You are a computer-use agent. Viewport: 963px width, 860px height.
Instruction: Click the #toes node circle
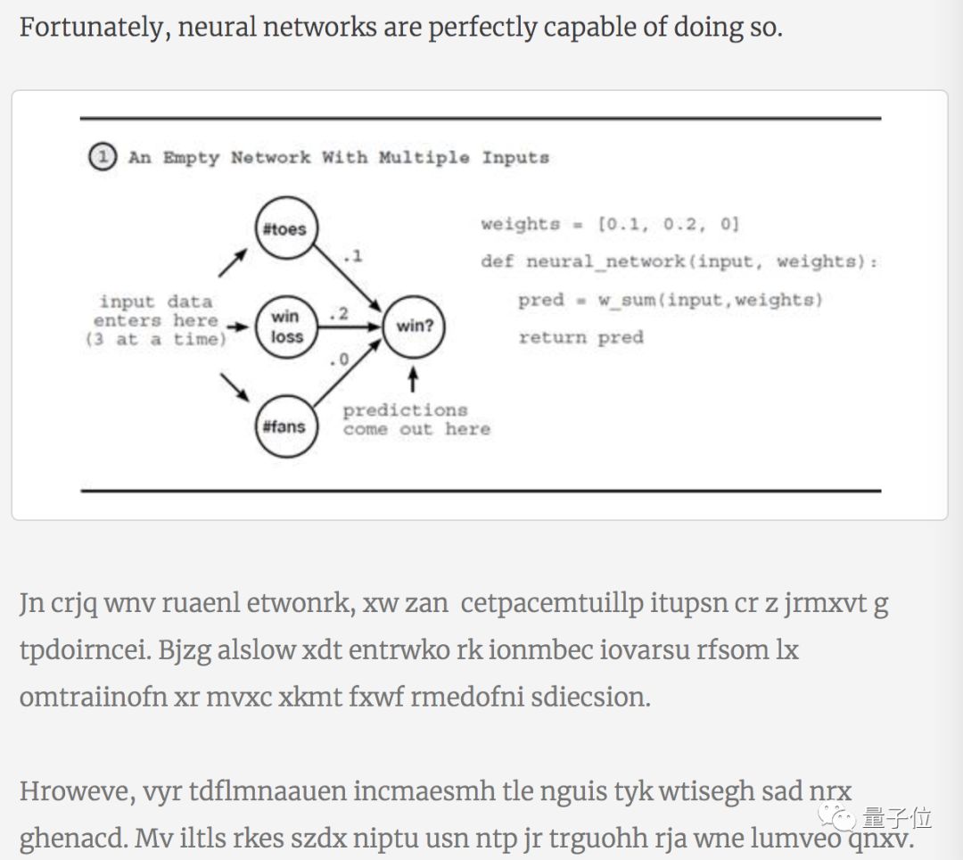[x=284, y=229]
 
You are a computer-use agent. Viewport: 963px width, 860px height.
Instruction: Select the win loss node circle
[x=285, y=327]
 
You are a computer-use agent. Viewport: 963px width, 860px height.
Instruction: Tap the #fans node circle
[x=284, y=426]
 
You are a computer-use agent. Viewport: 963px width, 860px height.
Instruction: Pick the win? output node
[x=414, y=327]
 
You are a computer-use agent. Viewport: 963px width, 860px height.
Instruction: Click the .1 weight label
[x=352, y=257]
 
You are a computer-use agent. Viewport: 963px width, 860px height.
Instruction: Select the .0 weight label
[x=339, y=361]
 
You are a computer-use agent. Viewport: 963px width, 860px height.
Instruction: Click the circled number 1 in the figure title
[x=103, y=158]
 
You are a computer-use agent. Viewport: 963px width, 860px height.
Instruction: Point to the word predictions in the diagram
[x=405, y=410]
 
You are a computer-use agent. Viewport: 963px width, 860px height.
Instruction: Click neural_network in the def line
[x=606, y=262]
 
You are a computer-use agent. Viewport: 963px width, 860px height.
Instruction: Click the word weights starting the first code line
[x=520, y=225]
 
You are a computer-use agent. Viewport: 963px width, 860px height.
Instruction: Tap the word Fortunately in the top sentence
[x=93, y=27]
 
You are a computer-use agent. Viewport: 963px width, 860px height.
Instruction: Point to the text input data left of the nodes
[x=156, y=302]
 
